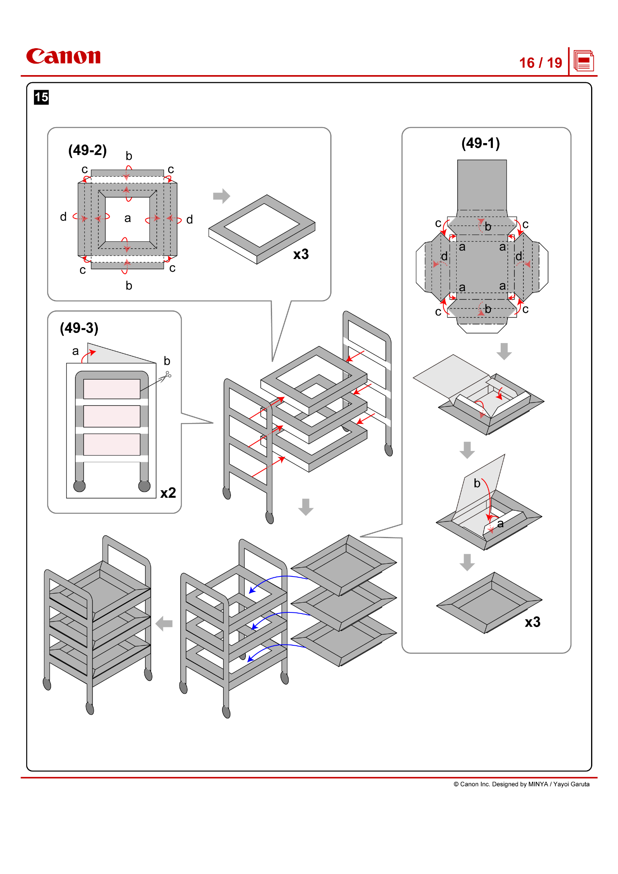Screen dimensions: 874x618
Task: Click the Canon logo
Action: click(x=63, y=56)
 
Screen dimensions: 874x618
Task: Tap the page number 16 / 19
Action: click(x=540, y=63)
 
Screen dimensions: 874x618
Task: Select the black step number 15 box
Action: click(x=41, y=98)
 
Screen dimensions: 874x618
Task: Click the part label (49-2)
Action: click(x=87, y=150)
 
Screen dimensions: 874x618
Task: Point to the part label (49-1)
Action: click(x=480, y=143)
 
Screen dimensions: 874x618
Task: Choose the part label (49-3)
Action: click(x=79, y=328)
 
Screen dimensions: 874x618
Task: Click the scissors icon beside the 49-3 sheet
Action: click(x=166, y=377)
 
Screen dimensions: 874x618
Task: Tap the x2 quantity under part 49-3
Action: click(x=168, y=493)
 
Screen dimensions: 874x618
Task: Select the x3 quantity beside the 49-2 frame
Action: click(x=301, y=254)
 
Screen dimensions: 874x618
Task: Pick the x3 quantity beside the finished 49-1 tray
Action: click(x=532, y=622)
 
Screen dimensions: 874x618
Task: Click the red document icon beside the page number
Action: click(x=584, y=61)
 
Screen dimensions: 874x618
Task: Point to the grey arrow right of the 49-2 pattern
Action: click(x=222, y=196)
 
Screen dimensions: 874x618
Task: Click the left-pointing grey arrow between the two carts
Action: click(x=164, y=624)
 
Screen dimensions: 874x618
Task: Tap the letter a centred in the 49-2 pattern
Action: click(x=127, y=219)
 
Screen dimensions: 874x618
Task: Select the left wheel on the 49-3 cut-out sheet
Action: click(x=79, y=486)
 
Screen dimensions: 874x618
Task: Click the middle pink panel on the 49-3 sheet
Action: click(x=111, y=416)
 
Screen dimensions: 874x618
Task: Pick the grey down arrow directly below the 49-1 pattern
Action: click(x=504, y=351)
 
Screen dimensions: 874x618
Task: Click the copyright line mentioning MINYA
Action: click(x=521, y=784)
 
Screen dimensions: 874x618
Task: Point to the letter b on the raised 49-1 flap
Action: click(x=477, y=484)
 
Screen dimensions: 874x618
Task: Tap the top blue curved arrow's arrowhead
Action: click(x=251, y=591)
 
